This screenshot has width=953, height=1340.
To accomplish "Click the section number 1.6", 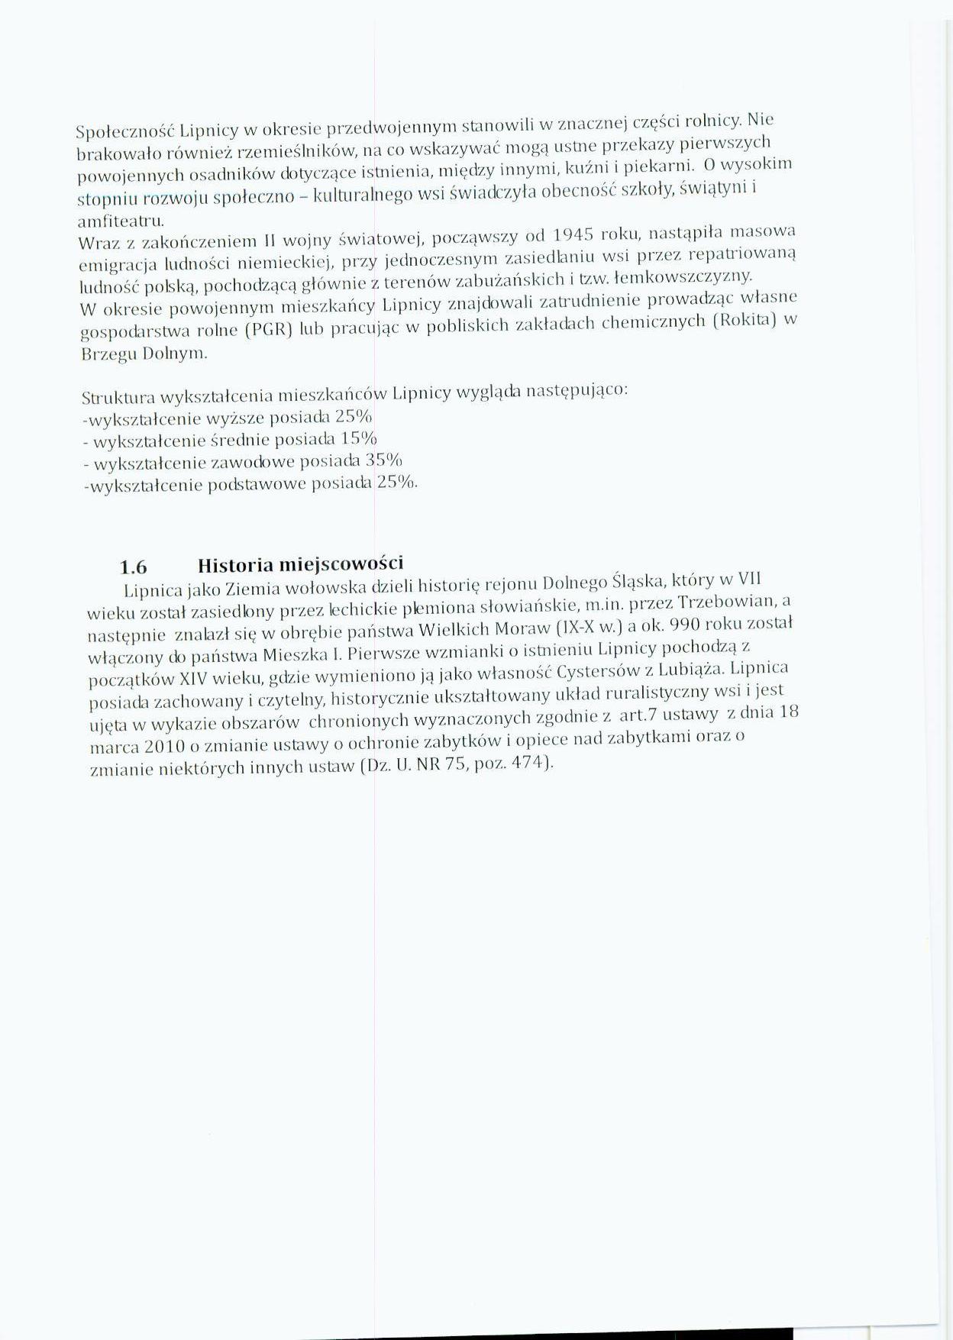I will click(x=134, y=567).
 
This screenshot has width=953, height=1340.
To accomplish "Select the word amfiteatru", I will click(x=121, y=221).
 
